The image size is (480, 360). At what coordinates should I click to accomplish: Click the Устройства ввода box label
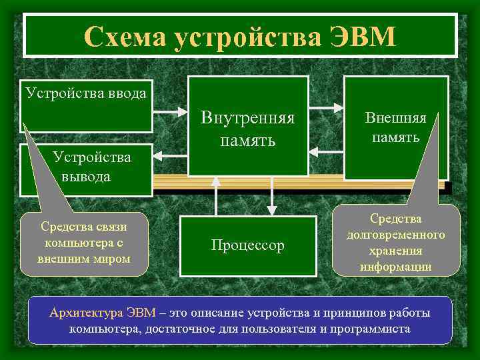click(x=87, y=92)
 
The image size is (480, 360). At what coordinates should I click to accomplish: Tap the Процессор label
click(x=247, y=245)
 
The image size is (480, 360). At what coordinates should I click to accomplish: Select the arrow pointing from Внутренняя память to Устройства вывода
click(x=171, y=155)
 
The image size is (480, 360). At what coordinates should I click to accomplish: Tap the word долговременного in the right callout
click(x=396, y=236)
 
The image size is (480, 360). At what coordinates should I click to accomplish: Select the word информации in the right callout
click(x=396, y=267)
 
